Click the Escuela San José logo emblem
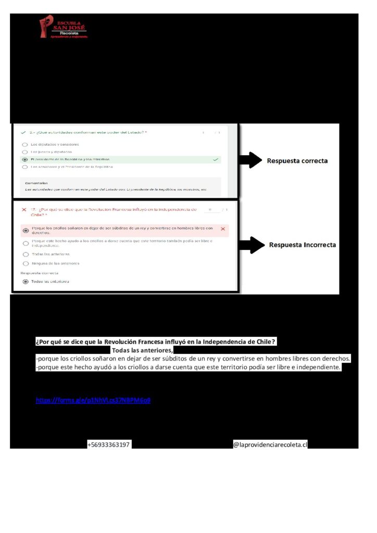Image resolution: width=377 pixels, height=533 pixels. (x=46, y=28)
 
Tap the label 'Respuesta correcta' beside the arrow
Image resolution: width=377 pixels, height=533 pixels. (x=297, y=161)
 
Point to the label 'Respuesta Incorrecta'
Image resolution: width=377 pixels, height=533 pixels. (x=302, y=245)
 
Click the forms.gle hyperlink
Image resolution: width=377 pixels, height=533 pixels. (x=93, y=400)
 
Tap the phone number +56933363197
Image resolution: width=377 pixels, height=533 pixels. (x=109, y=445)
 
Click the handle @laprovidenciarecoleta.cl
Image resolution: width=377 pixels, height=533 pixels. (x=270, y=445)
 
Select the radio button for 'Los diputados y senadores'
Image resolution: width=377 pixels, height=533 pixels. (x=24, y=144)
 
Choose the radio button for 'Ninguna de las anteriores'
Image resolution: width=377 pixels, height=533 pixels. (x=26, y=263)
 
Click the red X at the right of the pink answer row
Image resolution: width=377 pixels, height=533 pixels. (x=223, y=229)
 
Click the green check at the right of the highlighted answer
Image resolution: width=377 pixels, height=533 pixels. (x=216, y=159)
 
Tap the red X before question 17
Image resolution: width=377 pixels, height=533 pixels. (x=23, y=210)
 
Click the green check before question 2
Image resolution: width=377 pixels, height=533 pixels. (x=23, y=133)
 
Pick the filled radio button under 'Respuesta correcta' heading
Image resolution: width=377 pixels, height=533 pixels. (x=26, y=282)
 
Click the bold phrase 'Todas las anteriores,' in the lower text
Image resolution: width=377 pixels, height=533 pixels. (x=142, y=350)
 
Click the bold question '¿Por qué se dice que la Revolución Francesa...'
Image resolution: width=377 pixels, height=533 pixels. (x=156, y=342)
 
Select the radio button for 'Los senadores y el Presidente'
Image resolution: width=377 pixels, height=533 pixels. (x=24, y=167)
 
